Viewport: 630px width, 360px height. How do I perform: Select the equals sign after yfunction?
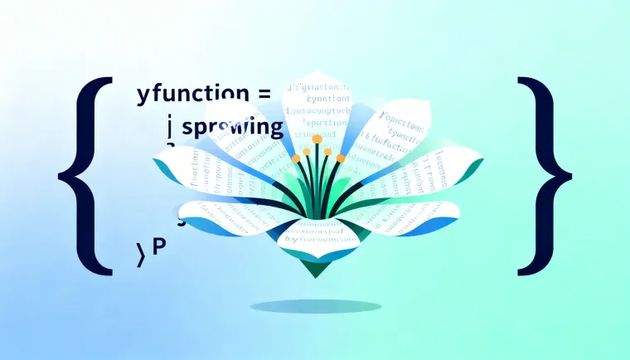(x=264, y=93)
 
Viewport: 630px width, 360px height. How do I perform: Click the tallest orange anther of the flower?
(x=316, y=139)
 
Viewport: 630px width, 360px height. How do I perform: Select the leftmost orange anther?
(x=295, y=157)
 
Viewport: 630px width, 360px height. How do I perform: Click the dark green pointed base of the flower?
(x=314, y=265)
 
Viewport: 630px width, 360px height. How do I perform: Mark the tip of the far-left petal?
(x=155, y=160)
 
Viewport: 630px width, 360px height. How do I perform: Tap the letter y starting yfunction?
(x=141, y=94)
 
